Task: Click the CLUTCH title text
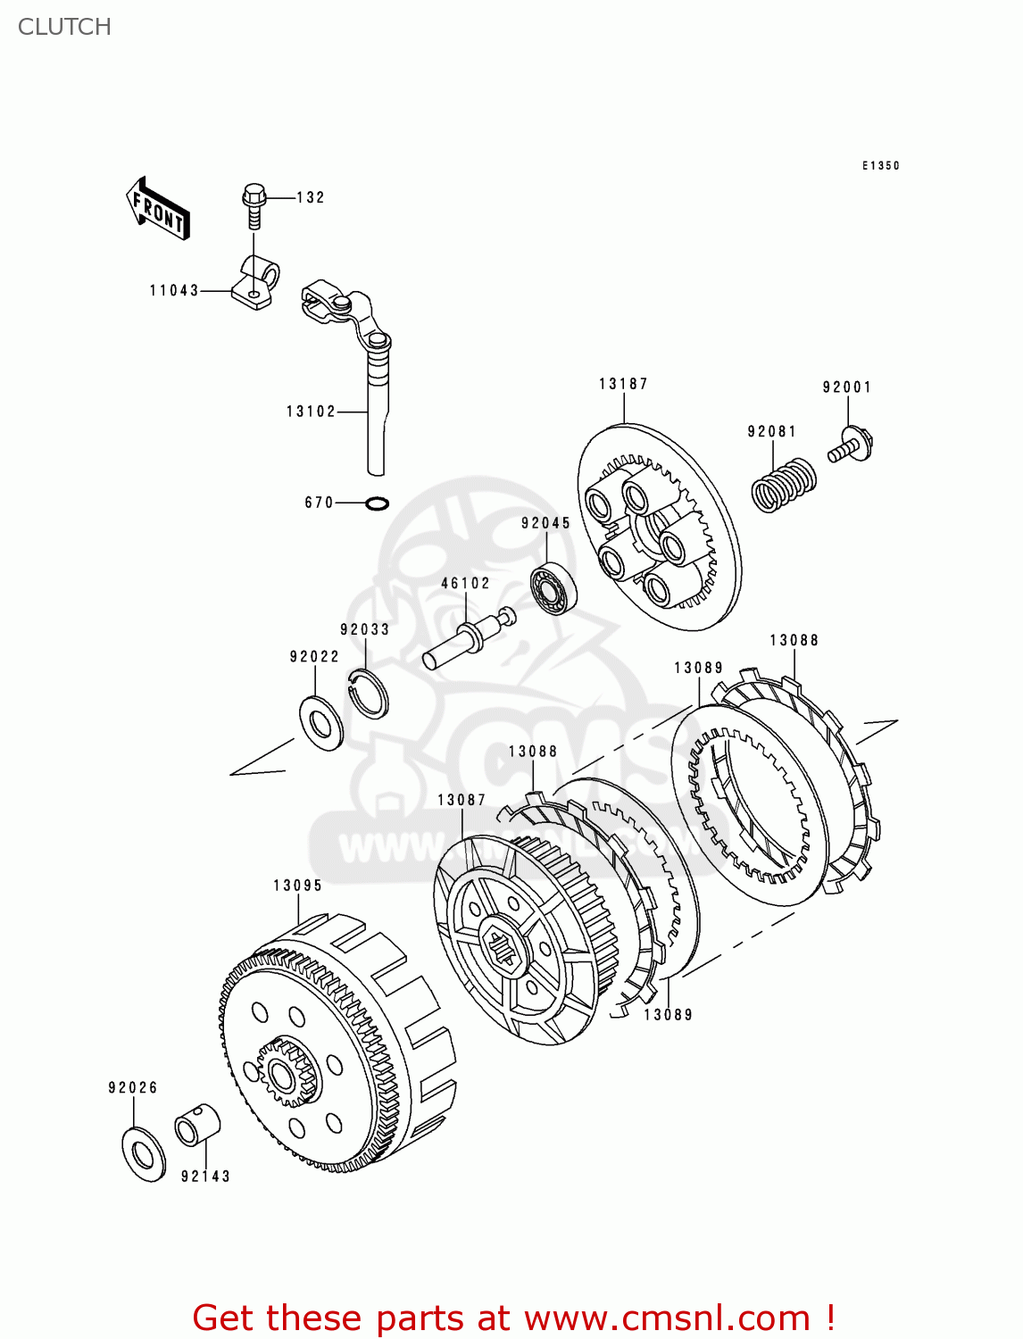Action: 64,27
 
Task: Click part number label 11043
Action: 174,290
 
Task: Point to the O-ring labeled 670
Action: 378,504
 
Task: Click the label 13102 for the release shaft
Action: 311,412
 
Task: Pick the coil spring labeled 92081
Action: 783,485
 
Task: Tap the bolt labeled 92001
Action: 851,445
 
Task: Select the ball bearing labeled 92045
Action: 553,589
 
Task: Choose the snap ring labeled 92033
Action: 367,692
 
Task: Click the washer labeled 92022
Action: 320,722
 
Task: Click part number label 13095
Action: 297,886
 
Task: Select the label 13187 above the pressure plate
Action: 623,384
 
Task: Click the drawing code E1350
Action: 880,166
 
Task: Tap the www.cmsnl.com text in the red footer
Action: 666,1318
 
